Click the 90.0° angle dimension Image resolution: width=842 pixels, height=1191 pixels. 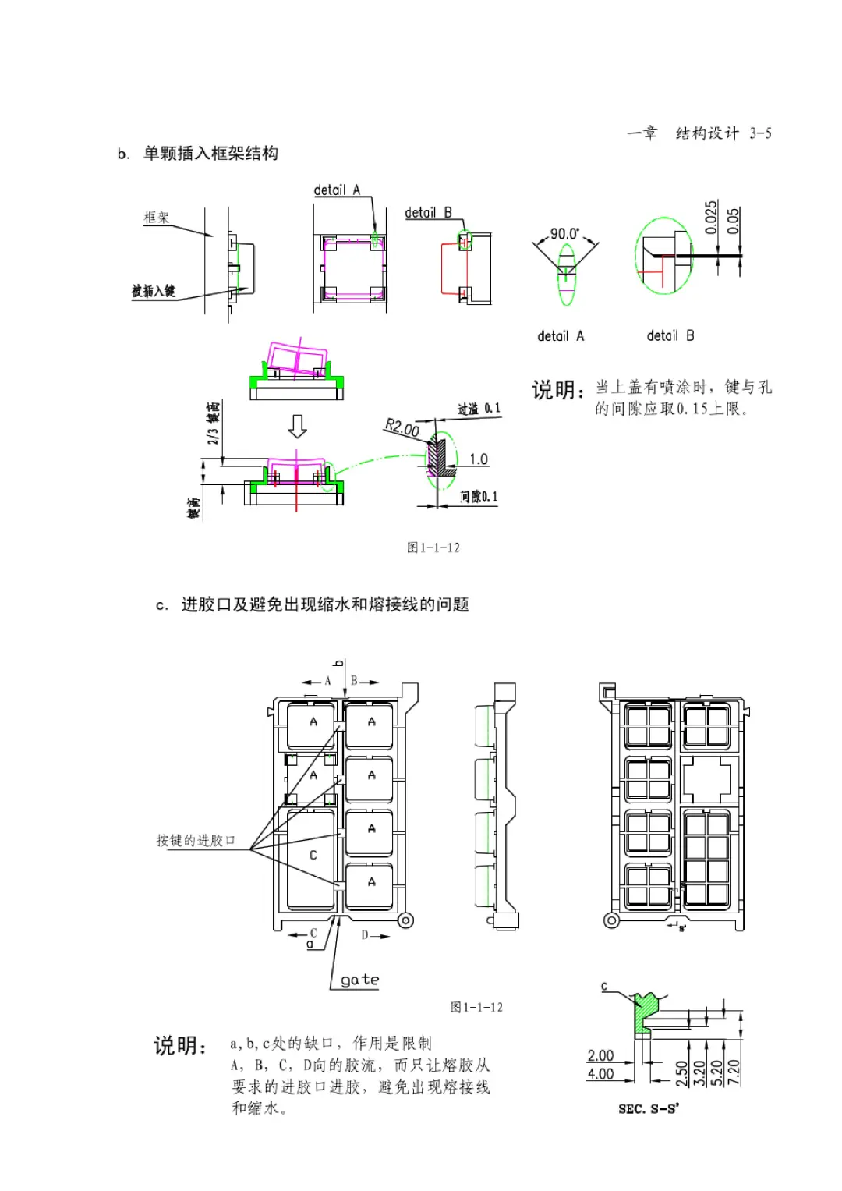point(564,233)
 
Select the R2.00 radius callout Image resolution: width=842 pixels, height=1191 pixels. point(402,427)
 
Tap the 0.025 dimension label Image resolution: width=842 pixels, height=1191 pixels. point(710,218)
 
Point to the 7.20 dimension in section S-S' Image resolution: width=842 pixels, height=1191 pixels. point(734,1072)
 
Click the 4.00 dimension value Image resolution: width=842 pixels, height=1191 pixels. point(600,1074)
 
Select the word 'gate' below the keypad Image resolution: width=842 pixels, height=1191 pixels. point(359,980)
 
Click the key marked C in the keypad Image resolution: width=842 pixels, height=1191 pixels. point(313,856)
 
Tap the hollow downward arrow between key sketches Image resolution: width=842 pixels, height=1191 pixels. point(297,426)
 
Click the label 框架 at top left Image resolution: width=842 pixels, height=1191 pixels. point(156,218)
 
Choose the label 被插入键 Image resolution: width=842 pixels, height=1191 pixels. point(153,291)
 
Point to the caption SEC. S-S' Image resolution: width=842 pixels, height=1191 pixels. point(648,1108)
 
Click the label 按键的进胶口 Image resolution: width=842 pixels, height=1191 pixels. point(195,840)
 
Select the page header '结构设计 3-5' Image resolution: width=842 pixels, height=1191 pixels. point(723,133)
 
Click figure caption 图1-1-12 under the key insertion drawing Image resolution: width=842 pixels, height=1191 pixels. point(433,548)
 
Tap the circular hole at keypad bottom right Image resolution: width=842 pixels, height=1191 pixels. point(405,920)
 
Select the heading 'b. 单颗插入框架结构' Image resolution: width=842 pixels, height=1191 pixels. point(198,153)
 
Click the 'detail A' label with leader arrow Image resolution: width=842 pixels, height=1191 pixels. point(337,190)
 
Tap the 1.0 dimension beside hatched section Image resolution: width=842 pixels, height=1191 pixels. point(478,459)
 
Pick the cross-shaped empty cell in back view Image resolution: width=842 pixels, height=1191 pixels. point(707,778)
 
